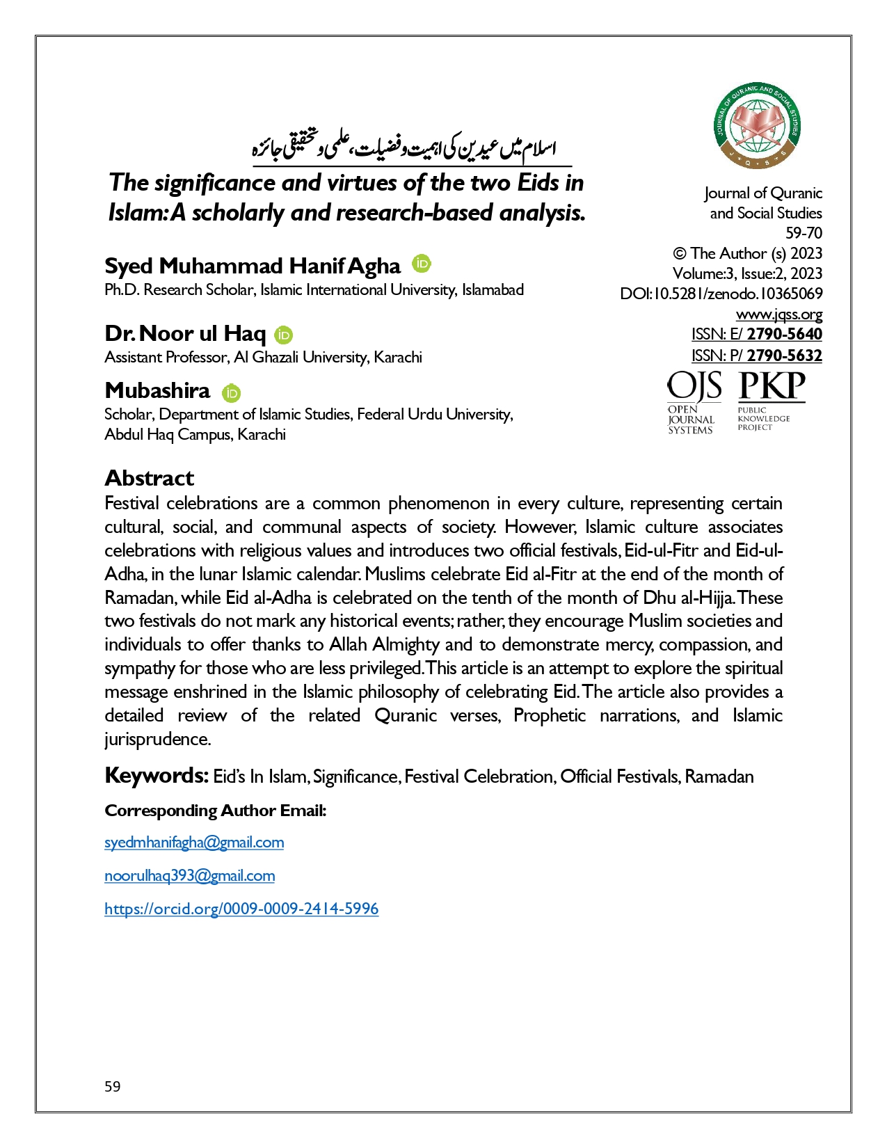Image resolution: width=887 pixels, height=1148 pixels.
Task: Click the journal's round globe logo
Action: tap(757, 126)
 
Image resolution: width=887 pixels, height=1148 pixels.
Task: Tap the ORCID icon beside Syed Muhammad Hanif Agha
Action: tap(422, 264)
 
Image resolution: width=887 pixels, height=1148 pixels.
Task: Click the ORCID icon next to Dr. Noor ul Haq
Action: tap(284, 335)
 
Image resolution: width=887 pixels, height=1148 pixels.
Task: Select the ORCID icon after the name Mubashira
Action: tap(232, 392)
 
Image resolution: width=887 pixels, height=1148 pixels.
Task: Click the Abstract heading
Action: tap(149, 478)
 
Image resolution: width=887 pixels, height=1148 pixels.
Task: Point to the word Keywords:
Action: tap(157, 775)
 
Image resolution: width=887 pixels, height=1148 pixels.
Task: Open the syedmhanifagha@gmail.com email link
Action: tap(194, 843)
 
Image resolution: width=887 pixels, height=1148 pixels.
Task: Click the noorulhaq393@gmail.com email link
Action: tap(189, 876)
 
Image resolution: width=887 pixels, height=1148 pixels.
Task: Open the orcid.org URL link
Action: tap(241, 909)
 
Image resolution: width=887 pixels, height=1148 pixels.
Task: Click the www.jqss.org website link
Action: tap(779, 314)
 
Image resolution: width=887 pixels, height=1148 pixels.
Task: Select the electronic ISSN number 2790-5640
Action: tap(784, 334)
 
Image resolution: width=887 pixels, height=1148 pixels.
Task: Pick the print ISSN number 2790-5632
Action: tap(784, 356)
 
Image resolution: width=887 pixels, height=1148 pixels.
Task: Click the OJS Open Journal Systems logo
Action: tap(694, 403)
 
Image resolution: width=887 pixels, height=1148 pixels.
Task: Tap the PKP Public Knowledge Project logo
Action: tap(771, 400)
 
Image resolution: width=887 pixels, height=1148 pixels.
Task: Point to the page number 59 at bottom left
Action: tap(113, 1087)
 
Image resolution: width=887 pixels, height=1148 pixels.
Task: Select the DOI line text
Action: tap(721, 294)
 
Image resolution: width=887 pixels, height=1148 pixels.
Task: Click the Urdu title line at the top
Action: tap(404, 148)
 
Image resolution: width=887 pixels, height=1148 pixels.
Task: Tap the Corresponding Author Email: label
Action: tap(216, 811)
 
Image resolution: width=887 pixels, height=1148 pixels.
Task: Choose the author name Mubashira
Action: tap(157, 390)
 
